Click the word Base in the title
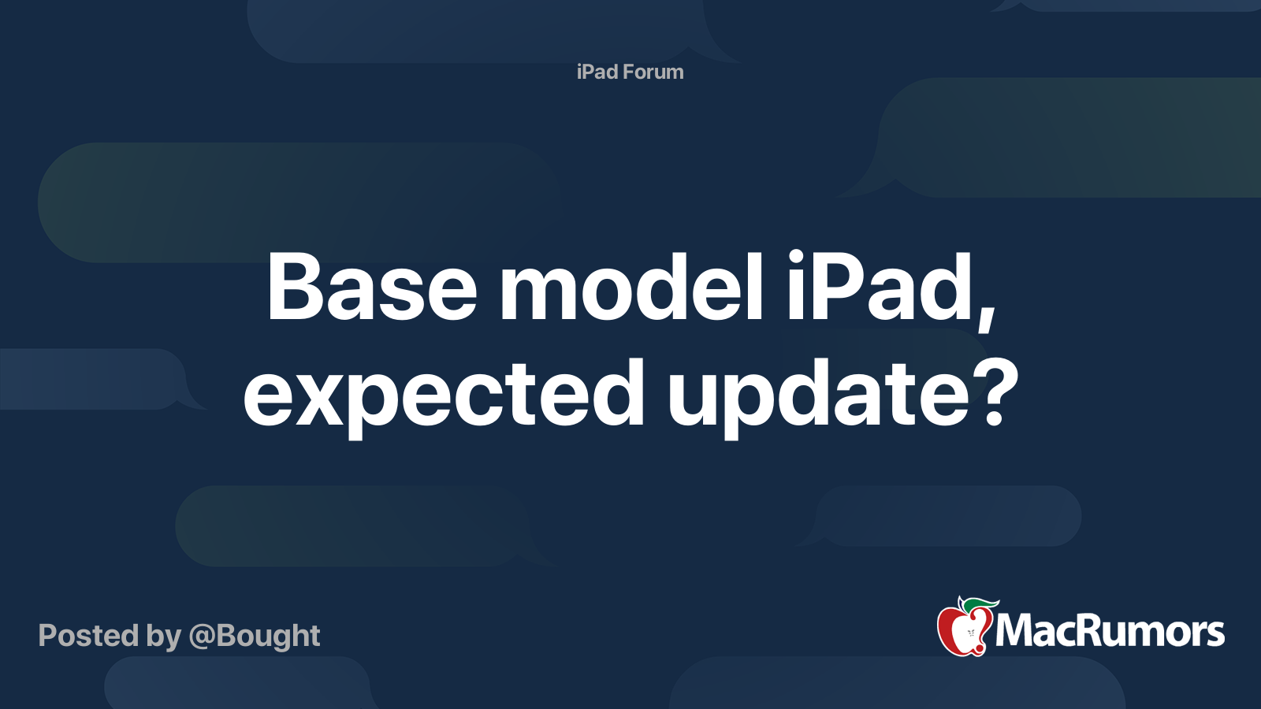[x=371, y=288]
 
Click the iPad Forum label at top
[x=630, y=72]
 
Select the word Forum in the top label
[x=653, y=72]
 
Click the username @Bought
[x=255, y=636]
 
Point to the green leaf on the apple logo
[x=980, y=604]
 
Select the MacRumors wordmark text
[x=1110, y=631]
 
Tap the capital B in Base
[x=294, y=288]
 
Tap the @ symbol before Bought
[x=203, y=637]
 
